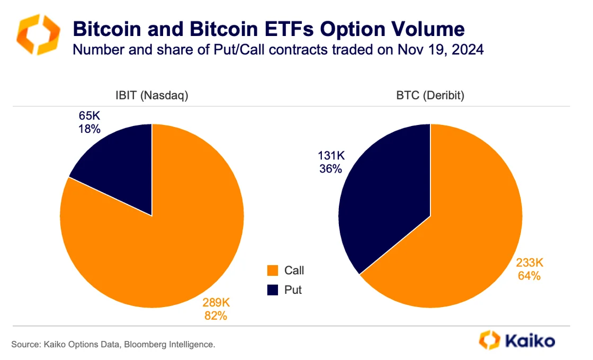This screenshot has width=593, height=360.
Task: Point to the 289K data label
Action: [216, 303]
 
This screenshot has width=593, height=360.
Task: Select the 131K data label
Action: [330, 157]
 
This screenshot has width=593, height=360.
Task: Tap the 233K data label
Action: [529, 263]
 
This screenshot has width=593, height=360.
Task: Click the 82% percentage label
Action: [216, 316]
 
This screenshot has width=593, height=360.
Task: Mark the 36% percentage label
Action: [330, 169]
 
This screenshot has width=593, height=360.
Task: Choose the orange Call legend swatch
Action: [272, 271]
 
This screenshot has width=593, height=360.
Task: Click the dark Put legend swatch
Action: [272, 290]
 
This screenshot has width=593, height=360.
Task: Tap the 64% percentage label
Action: [529, 276]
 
